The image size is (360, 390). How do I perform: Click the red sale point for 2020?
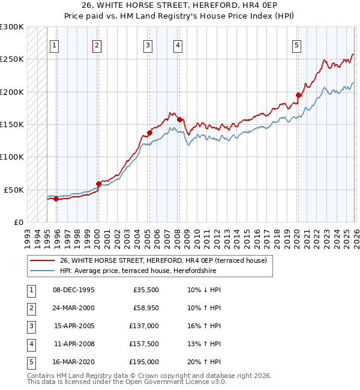tap(298, 95)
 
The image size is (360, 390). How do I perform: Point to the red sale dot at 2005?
tap(149, 133)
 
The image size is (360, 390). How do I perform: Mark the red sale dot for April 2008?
tap(179, 119)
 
